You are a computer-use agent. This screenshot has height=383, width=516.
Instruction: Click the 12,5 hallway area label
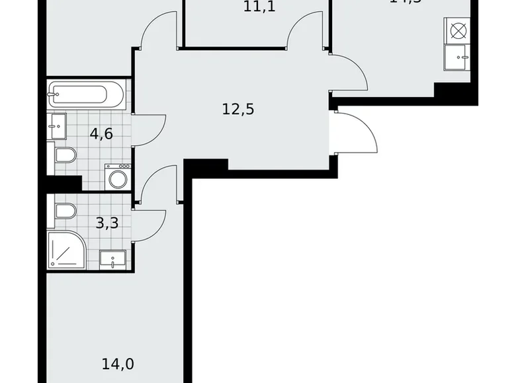[238, 109]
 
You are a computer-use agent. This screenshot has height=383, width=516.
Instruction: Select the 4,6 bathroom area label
[101, 134]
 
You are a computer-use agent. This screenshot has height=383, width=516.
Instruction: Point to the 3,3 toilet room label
[107, 223]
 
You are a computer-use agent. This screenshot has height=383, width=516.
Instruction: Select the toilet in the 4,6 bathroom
[64, 156]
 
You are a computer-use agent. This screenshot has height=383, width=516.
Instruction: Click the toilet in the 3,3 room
[65, 211]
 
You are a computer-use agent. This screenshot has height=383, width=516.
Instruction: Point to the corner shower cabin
[66, 250]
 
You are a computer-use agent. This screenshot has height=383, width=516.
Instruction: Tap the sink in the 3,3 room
[113, 260]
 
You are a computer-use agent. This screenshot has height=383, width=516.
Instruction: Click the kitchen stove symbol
[458, 30]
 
